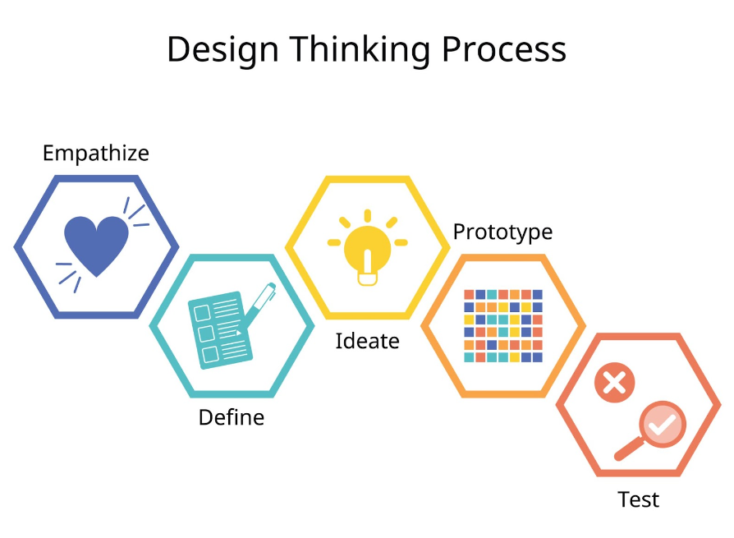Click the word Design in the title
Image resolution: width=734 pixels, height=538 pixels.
click(222, 49)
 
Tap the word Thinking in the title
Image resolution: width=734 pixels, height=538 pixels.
click(360, 49)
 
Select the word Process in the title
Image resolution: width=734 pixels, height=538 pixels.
click(503, 49)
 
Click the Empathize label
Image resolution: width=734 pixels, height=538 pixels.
click(96, 154)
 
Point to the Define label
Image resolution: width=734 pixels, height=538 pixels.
click(232, 417)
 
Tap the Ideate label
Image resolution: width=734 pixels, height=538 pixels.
click(368, 341)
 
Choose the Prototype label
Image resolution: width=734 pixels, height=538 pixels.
click(502, 232)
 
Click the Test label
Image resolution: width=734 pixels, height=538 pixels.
click(639, 499)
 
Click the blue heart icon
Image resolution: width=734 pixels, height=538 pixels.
click(96, 246)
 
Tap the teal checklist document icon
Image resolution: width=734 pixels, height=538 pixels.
click(220, 329)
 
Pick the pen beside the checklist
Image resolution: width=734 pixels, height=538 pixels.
click(257, 306)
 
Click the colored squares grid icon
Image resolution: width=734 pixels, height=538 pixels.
click(503, 326)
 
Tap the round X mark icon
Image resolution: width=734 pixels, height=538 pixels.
click(615, 383)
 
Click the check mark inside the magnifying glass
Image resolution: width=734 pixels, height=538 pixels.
click(662, 425)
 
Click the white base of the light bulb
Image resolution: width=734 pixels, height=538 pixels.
click(368, 279)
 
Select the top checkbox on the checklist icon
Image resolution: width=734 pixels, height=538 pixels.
click(202, 313)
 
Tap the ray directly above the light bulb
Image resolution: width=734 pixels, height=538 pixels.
click(368, 216)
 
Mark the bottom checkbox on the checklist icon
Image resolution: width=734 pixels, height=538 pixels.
click(210, 354)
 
